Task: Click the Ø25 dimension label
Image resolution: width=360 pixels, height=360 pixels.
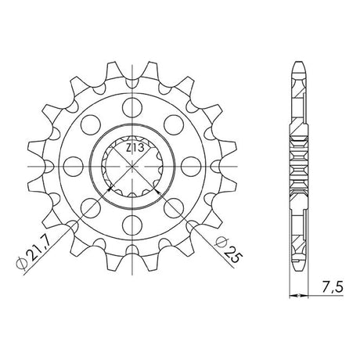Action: point(226,250)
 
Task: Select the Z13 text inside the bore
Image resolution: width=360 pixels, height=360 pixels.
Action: point(135,148)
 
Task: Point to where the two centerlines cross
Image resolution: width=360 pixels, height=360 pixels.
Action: point(132,167)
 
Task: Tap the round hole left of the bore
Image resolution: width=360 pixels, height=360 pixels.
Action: point(74,167)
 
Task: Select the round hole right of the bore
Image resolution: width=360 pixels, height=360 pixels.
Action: point(192,167)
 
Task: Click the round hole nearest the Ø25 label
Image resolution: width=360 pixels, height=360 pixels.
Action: point(175,208)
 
